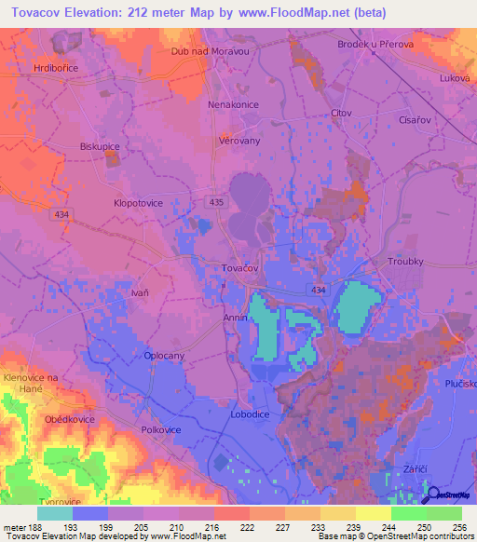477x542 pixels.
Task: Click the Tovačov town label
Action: pyautogui.click(x=239, y=267)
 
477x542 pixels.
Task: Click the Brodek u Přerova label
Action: pyautogui.click(x=375, y=44)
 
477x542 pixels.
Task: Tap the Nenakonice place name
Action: pyautogui.click(x=233, y=104)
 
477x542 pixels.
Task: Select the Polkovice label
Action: pyautogui.click(x=161, y=430)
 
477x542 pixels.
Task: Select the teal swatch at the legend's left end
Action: pyautogui.click(x=55, y=513)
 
